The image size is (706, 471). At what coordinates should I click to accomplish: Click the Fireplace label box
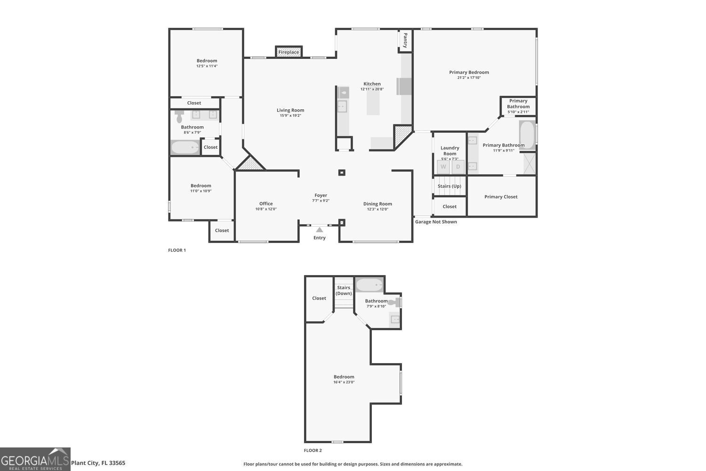tap(289, 52)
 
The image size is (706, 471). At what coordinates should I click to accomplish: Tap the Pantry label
tap(405, 41)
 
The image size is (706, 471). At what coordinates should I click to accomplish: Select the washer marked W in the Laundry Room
tap(443, 167)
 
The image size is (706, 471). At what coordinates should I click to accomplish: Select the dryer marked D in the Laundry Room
tap(458, 167)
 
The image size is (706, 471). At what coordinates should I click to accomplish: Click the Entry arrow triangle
tap(320, 230)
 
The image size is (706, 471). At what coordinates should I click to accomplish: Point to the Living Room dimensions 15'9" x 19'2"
tap(290, 115)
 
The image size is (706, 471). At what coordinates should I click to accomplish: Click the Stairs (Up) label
tap(449, 186)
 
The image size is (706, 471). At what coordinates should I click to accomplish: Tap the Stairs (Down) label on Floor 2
tap(344, 290)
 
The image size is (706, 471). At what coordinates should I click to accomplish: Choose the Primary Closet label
tap(501, 197)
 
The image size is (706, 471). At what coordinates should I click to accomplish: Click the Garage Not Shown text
tap(436, 222)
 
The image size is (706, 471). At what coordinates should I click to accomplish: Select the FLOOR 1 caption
tap(177, 250)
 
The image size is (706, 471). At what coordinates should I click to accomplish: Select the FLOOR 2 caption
tap(313, 451)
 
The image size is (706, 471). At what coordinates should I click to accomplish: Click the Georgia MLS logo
tap(35, 459)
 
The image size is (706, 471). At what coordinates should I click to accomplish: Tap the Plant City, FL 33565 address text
tap(98, 463)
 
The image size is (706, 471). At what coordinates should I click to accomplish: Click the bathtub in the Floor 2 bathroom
tap(369, 285)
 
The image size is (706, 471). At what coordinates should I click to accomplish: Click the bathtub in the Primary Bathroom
tap(527, 135)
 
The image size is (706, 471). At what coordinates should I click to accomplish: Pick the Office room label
tap(266, 203)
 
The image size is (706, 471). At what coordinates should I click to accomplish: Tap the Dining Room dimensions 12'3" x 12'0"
tap(377, 209)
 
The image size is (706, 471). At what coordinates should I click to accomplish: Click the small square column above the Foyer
tap(342, 172)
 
